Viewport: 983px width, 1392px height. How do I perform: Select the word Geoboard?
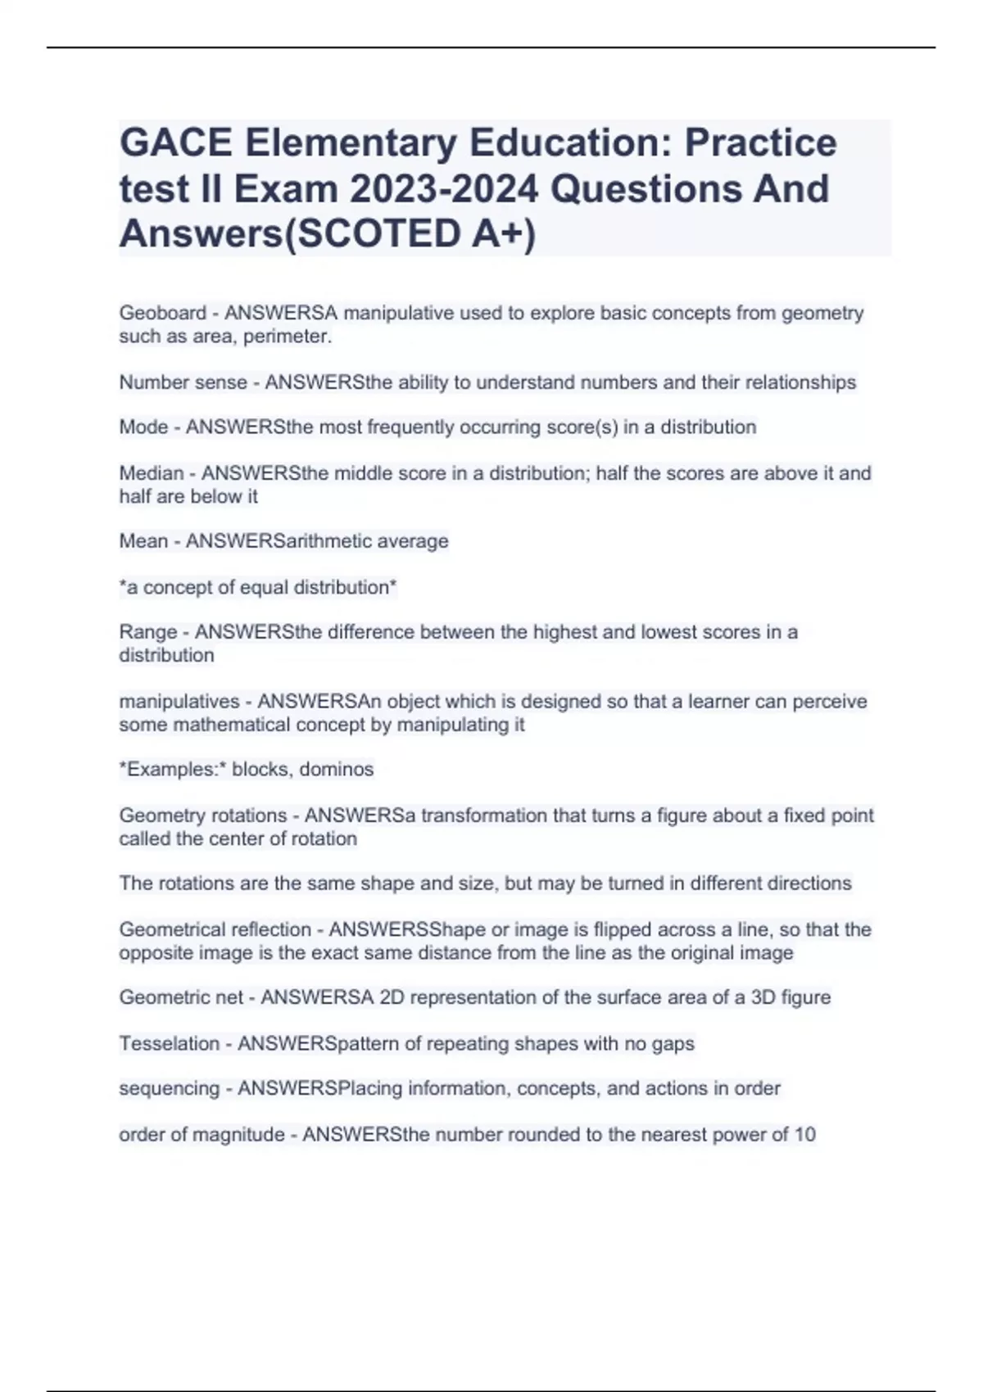pyautogui.click(x=162, y=313)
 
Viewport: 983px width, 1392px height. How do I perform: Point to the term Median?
pyautogui.click(x=152, y=473)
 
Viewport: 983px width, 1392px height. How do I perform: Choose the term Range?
pyautogui.click(x=147, y=632)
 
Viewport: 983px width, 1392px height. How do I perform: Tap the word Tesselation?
pyautogui.click(x=169, y=1044)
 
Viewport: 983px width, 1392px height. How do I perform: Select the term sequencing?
pyautogui.click(x=169, y=1089)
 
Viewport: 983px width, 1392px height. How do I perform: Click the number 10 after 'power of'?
pyautogui.click(x=804, y=1135)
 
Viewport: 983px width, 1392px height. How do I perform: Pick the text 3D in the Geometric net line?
pyautogui.click(x=763, y=998)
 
